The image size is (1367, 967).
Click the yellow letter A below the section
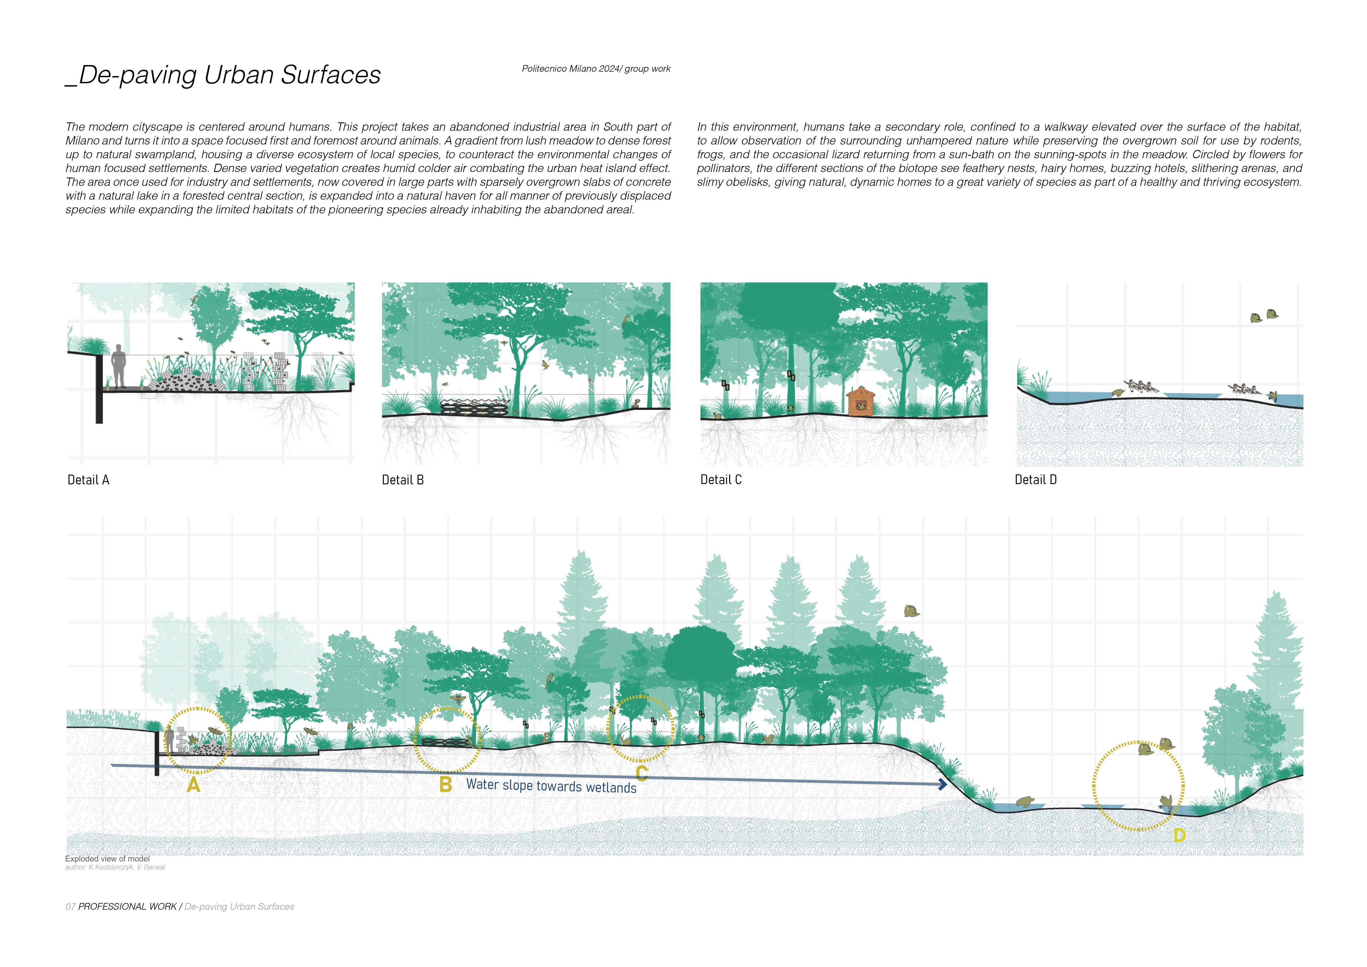[193, 786]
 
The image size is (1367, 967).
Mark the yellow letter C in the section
[641, 773]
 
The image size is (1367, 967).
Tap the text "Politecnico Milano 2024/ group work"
[596, 69]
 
